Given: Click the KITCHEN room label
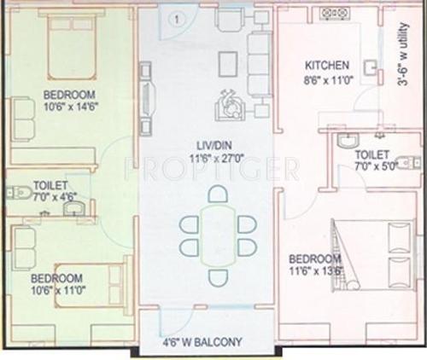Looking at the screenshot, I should (x=327, y=64).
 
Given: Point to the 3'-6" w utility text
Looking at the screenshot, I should (x=408, y=59).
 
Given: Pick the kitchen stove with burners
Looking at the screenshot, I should (x=335, y=14).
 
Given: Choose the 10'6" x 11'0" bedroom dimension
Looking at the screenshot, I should (x=56, y=290).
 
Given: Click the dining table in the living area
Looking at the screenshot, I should (x=218, y=235).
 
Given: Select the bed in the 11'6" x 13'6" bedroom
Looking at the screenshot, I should (x=376, y=256).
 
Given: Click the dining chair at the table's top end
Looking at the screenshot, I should (x=218, y=194).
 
